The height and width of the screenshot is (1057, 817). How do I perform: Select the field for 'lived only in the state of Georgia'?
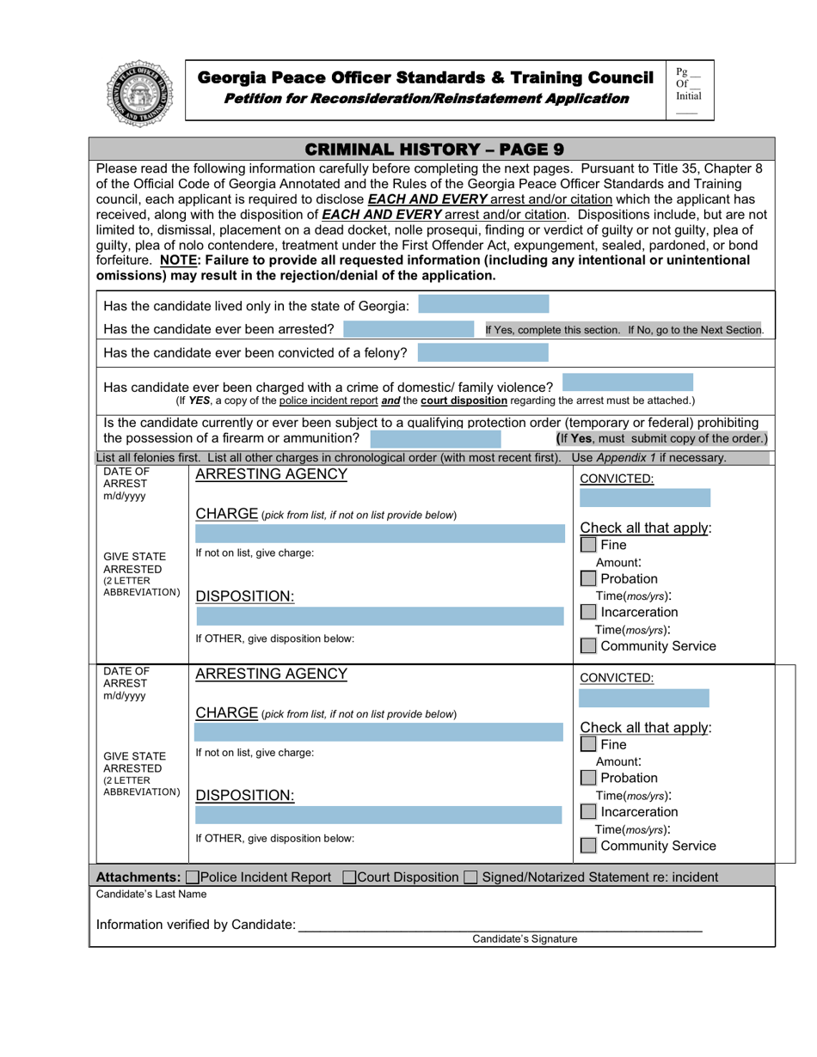pyautogui.click(x=482, y=305)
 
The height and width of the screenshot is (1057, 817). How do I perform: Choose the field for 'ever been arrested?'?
pyautogui.click(x=410, y=329)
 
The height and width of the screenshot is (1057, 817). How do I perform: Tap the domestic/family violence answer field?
pyautogui.click(x=627, y=382)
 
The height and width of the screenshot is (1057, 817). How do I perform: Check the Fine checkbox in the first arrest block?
pyautogui.click(x=588, y=545)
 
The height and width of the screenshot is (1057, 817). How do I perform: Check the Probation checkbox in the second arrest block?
pyautogui.click(x=588, y=778)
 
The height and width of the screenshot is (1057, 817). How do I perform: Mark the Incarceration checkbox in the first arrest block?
pyautogui.click(x=588, y=613)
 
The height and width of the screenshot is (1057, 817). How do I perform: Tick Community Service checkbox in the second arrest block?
pyautogui.click(x=588, y=846)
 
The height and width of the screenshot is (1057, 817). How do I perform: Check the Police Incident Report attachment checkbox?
pyautogui.click(x=192, y=877)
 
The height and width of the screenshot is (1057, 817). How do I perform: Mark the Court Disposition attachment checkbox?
pyautogui.click(x=349, y=877)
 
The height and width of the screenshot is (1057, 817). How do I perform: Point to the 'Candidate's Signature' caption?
pyautogui.click(x=525, y=939)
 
